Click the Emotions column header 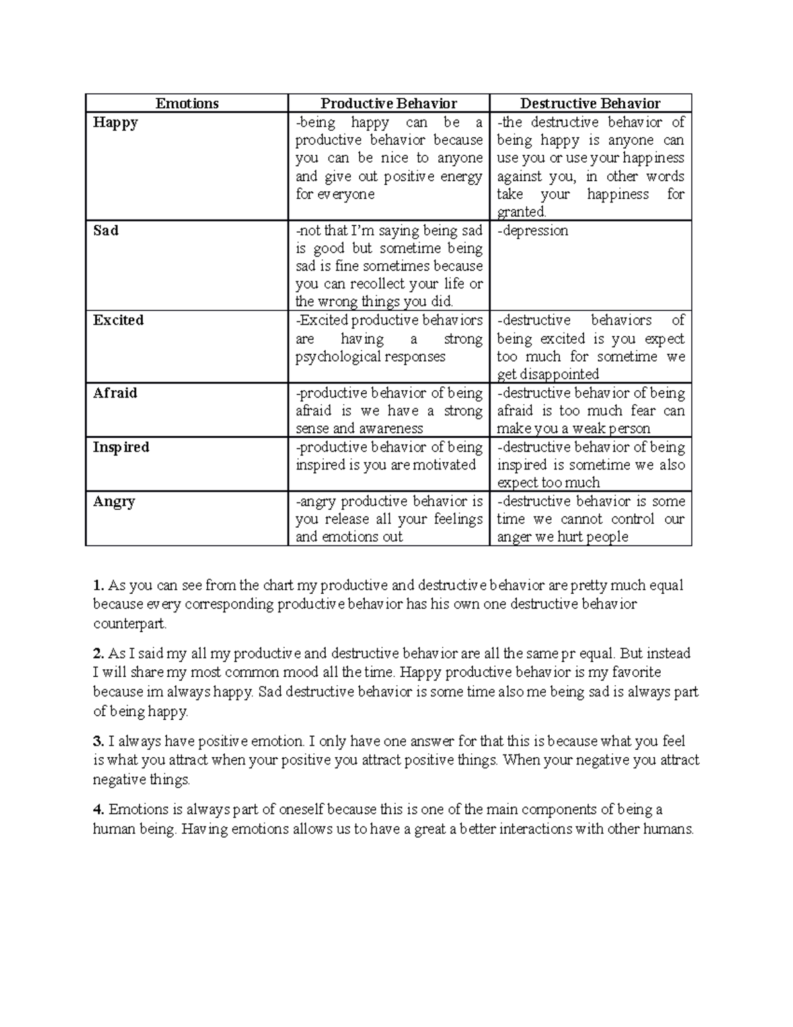(187, 103)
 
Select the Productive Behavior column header (389, 103)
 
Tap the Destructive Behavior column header (590, 103)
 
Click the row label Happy (116, 122)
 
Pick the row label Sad (106, 230)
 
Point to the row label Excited (118, 320)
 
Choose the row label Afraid (115, 393)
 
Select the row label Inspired (121, 447)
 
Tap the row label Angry (114, 501)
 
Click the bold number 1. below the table (98, 585)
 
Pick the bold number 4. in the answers (98, 809)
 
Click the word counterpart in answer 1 (130, 624)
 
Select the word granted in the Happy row (521, 212)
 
